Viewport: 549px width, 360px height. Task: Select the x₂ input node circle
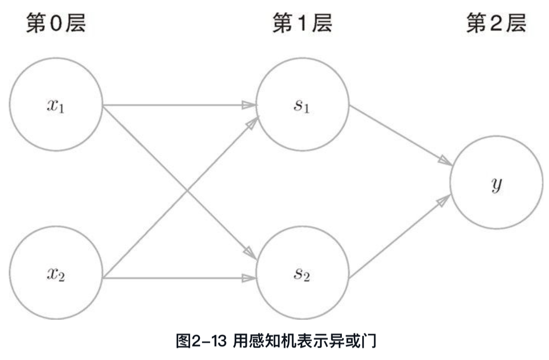56,276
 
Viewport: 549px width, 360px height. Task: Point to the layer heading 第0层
56,24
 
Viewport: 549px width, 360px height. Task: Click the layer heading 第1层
302,24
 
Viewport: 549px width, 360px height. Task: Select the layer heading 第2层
496,24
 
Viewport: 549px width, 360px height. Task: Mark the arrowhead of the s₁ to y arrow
445,161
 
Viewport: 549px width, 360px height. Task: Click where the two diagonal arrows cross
180,191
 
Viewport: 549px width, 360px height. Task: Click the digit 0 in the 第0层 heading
56,24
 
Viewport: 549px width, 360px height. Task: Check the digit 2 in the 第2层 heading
496,24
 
